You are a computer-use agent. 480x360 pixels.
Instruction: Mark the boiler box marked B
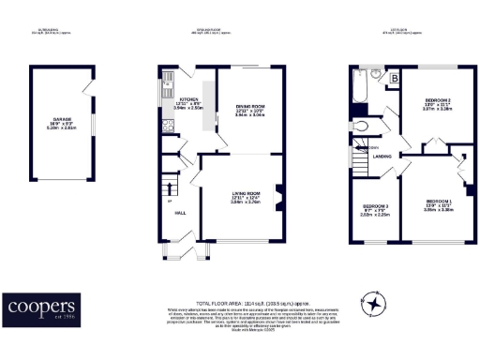point(394,78)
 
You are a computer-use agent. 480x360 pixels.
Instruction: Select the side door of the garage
point(88,93)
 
